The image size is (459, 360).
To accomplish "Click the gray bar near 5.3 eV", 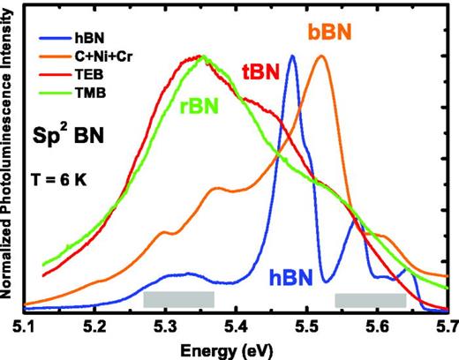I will pos(178,299).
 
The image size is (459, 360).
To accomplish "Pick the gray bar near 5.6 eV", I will pos(370,299).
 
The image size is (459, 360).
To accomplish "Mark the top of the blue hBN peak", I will pos(293,56).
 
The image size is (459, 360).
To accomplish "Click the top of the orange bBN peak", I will pos(322,56).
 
